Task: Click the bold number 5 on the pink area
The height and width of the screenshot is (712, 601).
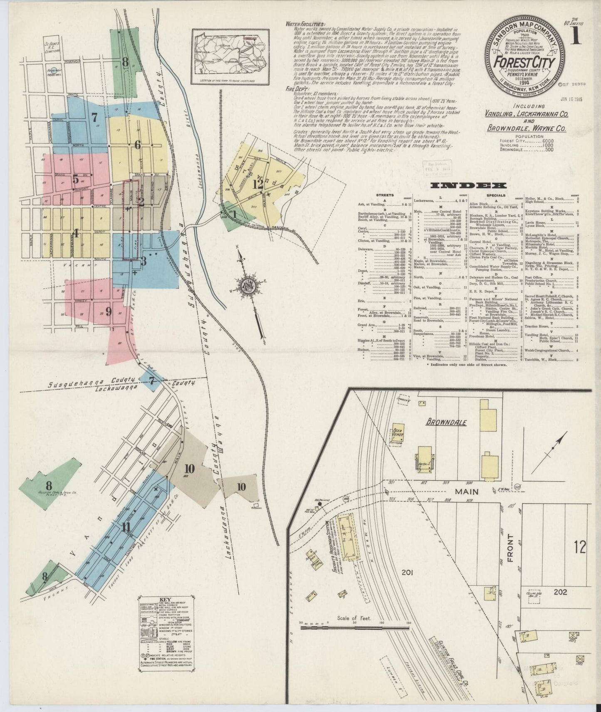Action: (75, 179)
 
